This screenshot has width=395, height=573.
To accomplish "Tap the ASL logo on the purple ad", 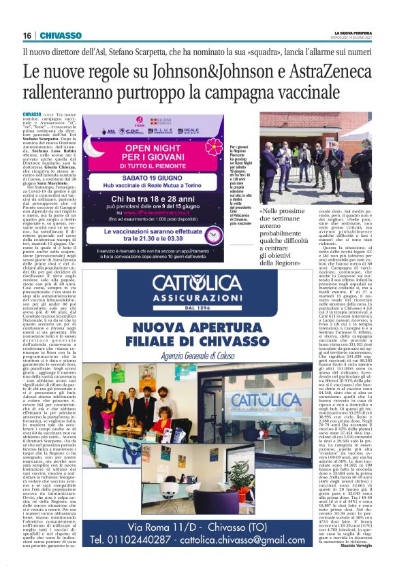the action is click(111, 131).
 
